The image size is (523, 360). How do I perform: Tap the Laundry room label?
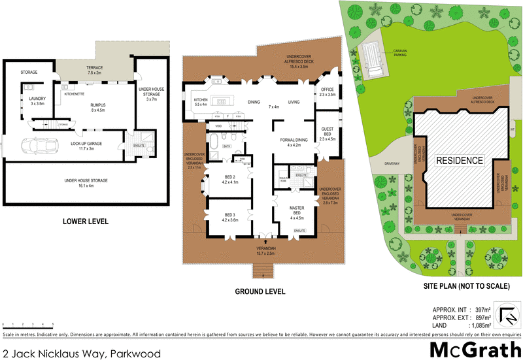click(36, 101)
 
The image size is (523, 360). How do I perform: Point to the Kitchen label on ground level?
click(201, 102)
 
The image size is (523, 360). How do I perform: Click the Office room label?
click(327, 92)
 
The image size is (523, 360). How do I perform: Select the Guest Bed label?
click(327, 136)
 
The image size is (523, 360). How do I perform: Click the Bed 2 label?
click(229, 179)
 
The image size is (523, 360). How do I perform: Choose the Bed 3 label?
click(229, 218)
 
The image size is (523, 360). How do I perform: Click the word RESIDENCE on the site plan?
click(460, 160)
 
